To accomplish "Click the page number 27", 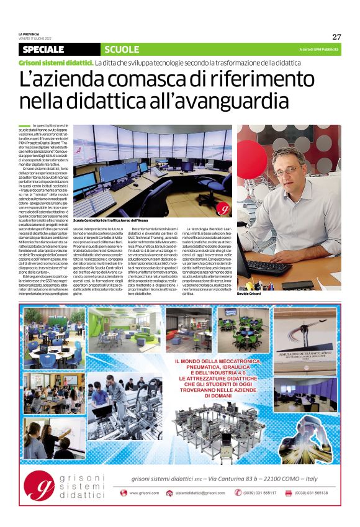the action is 336,37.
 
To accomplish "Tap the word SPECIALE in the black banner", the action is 43,49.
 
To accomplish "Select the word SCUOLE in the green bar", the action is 122,49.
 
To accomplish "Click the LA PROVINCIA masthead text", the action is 30,33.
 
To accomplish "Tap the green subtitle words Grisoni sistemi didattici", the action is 55,63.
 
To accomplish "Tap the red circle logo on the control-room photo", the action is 224,209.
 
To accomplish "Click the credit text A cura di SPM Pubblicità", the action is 318,49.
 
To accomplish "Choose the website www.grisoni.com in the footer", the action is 144,493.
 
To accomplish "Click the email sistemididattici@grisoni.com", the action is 199,493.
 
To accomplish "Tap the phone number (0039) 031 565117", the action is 259,493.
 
